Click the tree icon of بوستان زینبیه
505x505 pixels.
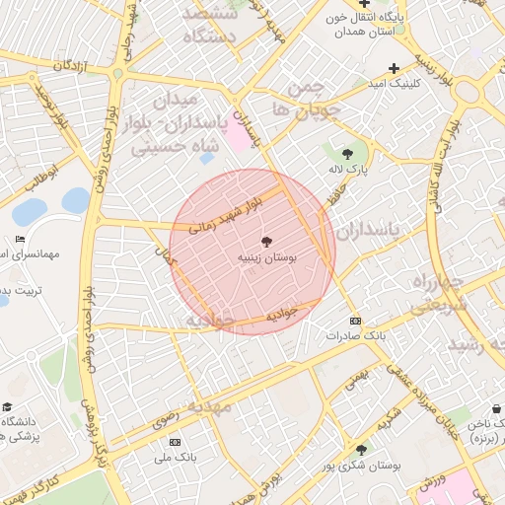coord(266,242)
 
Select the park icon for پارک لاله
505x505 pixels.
coord(347,153)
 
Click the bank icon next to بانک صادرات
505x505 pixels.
coord(355,322)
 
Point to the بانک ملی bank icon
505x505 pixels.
coord(176,443)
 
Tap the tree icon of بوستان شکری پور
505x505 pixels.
coord(361,450)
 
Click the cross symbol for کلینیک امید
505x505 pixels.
coord(394,68)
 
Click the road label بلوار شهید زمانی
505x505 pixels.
coord(230,212)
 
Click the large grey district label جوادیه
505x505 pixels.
coord(210,321)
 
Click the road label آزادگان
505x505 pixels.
coord(72,65)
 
